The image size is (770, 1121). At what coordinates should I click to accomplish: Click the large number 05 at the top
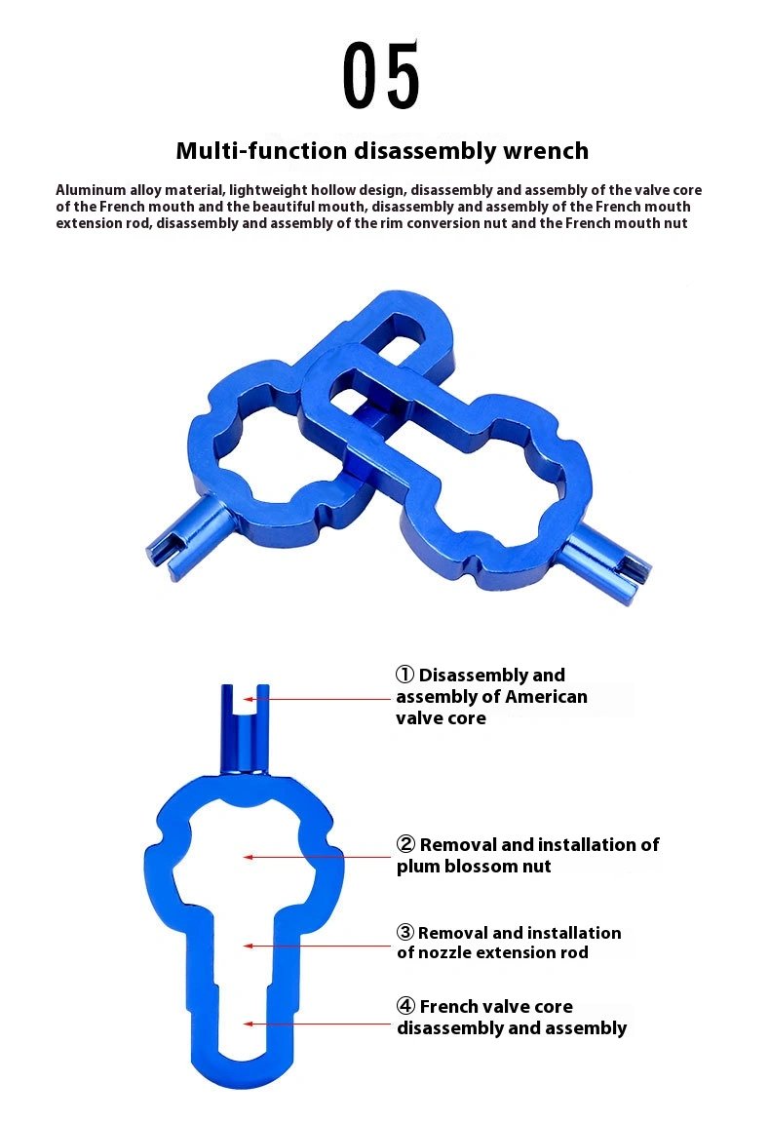(380, 75)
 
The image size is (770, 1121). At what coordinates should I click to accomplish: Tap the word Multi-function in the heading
(261, 151)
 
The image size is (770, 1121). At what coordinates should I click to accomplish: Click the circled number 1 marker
(404, 675)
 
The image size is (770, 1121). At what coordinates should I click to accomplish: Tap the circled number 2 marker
(405, 843)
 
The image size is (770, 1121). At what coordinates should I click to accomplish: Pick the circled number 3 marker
(405, 932)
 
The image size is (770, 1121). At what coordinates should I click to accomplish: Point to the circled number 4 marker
(405, 1006)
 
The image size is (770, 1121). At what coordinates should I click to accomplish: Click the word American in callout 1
(546, 696)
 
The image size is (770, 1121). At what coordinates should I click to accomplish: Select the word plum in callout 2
(417, 867)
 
